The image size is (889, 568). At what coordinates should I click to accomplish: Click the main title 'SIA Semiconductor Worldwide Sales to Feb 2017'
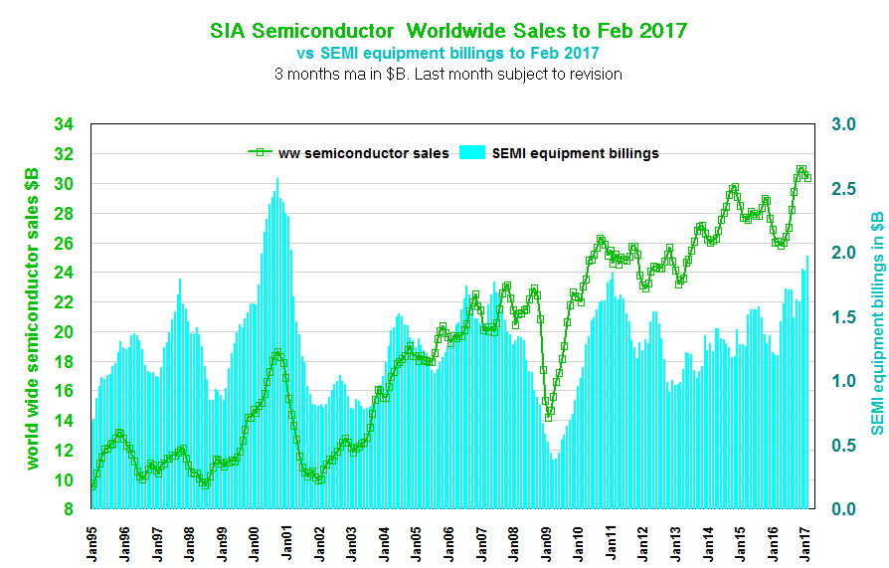(447, 30)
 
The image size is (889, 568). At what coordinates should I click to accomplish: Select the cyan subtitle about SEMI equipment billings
(448, 52)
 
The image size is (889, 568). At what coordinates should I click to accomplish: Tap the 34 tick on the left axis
(64, 125)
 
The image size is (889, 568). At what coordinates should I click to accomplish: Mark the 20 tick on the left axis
(64, 332)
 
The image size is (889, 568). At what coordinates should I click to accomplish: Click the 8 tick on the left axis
(68, 509)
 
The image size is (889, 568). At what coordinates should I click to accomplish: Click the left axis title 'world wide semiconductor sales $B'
(32, 317)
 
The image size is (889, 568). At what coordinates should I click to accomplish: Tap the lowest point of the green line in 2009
(548, 418)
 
